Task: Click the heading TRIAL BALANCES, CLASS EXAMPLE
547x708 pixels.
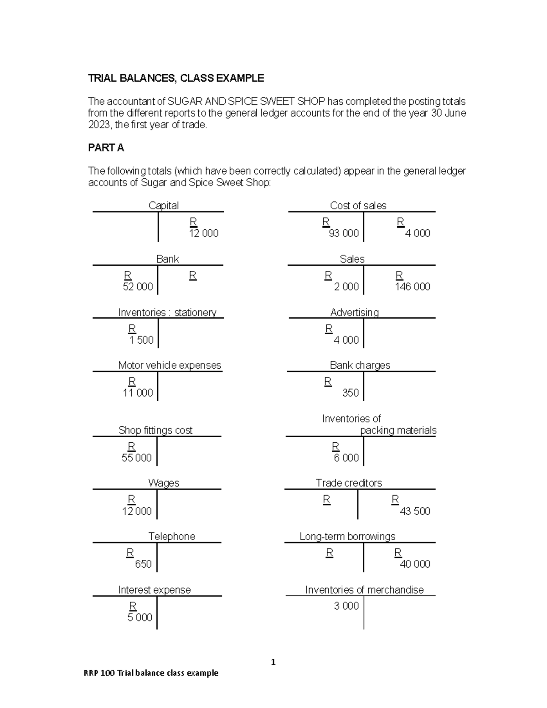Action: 175,78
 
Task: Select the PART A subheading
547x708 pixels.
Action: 106,148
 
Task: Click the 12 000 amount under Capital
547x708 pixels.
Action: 204,233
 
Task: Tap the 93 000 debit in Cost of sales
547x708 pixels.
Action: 344,233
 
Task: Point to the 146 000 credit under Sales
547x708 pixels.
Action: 413,287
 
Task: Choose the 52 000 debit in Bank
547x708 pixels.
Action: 138,287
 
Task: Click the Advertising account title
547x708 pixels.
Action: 354,312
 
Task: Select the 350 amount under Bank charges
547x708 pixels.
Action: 350,393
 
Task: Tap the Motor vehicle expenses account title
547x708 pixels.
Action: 169,365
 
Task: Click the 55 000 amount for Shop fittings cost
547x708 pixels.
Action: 136,458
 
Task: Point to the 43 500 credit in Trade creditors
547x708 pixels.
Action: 415,511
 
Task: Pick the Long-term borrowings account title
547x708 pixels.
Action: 347,537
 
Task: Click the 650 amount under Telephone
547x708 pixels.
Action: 143,564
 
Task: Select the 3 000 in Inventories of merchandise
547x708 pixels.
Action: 346,606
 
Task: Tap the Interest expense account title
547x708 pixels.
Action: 154,590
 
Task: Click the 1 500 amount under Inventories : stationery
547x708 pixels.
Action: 141,340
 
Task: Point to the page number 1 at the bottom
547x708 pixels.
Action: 273,662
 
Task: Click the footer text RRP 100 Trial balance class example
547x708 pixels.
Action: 151,673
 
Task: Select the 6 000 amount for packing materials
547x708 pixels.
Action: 346,458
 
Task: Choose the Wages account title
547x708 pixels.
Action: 163,483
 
